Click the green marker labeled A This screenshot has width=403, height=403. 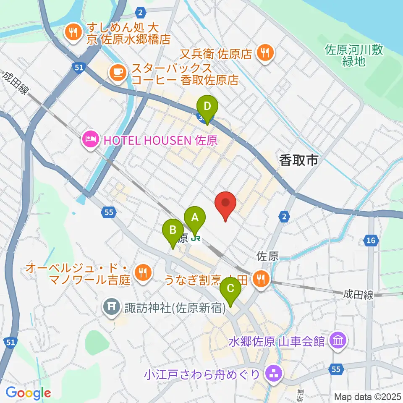pyautogui.click(x=195, y=218)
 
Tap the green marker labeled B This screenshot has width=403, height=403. pyautogui.click(x=173, y=231)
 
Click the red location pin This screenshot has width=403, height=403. pyautogui.click(x=225, y=204)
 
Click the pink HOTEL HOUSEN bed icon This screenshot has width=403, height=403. pyautogui.click(x=91, y=139)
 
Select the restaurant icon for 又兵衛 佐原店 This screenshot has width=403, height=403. pyautogui.click(x=265, y=53)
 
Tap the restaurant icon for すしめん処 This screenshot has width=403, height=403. pyautogui.click(x=73, y=33)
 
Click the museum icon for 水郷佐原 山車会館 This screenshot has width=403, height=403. pyautogui.click(x=338, y=340)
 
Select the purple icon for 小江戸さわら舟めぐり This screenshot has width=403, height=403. pyautogui.click(x=274, y=372)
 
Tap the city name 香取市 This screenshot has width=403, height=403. pyautogui.click(x=298, y=160)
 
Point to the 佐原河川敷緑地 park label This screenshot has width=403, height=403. pyautogui.click(x=353, y=56)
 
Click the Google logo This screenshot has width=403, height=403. pyautogui.click(x=28, y=393)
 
